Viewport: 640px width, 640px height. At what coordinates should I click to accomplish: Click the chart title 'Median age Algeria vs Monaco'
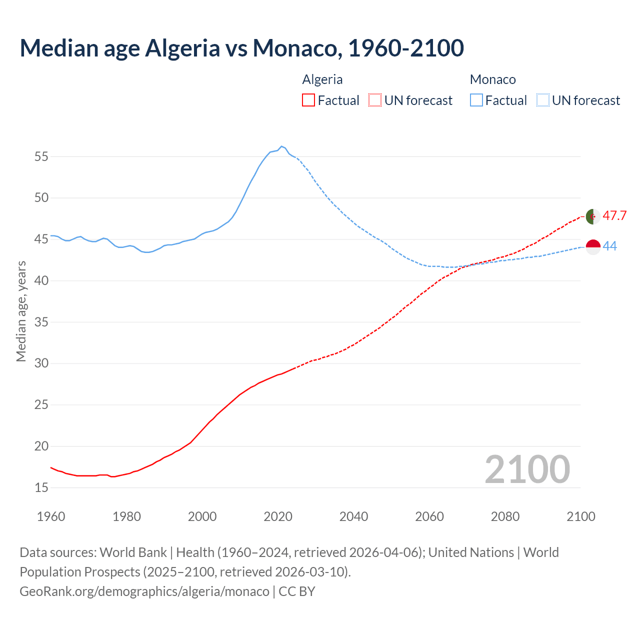pos(241,48)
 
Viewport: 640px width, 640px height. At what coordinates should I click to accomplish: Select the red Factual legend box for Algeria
pos(308,100)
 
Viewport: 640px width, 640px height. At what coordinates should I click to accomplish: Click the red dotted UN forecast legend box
pos(374,100)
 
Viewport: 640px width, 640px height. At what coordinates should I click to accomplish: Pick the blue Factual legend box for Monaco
pos(476,100)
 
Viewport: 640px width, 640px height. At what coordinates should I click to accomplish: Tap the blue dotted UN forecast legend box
pos(542,100)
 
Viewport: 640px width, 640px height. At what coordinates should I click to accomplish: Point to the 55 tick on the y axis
pos(41,156)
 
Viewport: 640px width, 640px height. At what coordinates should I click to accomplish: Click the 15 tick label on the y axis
pos(41,487)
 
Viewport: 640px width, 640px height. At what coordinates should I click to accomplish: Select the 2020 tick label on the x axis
pos(278,516)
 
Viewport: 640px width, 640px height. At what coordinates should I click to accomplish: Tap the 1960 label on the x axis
pos(51,516)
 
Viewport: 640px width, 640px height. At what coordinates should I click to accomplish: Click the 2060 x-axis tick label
pos(429,516)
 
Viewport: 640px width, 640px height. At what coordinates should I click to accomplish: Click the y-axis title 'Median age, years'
pos(21,311)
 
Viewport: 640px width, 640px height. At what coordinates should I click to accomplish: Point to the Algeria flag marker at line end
pos(593,216)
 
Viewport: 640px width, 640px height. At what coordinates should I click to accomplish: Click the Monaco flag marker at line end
pos(593,246)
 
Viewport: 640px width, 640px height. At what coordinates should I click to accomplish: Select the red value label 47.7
pos(614,215)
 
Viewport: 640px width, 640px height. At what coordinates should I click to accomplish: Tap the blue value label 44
pos(610,246)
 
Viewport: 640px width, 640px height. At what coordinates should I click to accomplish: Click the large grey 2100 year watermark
pos(527,469)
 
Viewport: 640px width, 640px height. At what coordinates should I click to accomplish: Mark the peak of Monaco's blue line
pos(281,146)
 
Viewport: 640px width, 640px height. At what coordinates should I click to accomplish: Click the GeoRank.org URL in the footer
pos(144,591)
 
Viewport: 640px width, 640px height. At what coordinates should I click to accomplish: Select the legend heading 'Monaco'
pos(492,79)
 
